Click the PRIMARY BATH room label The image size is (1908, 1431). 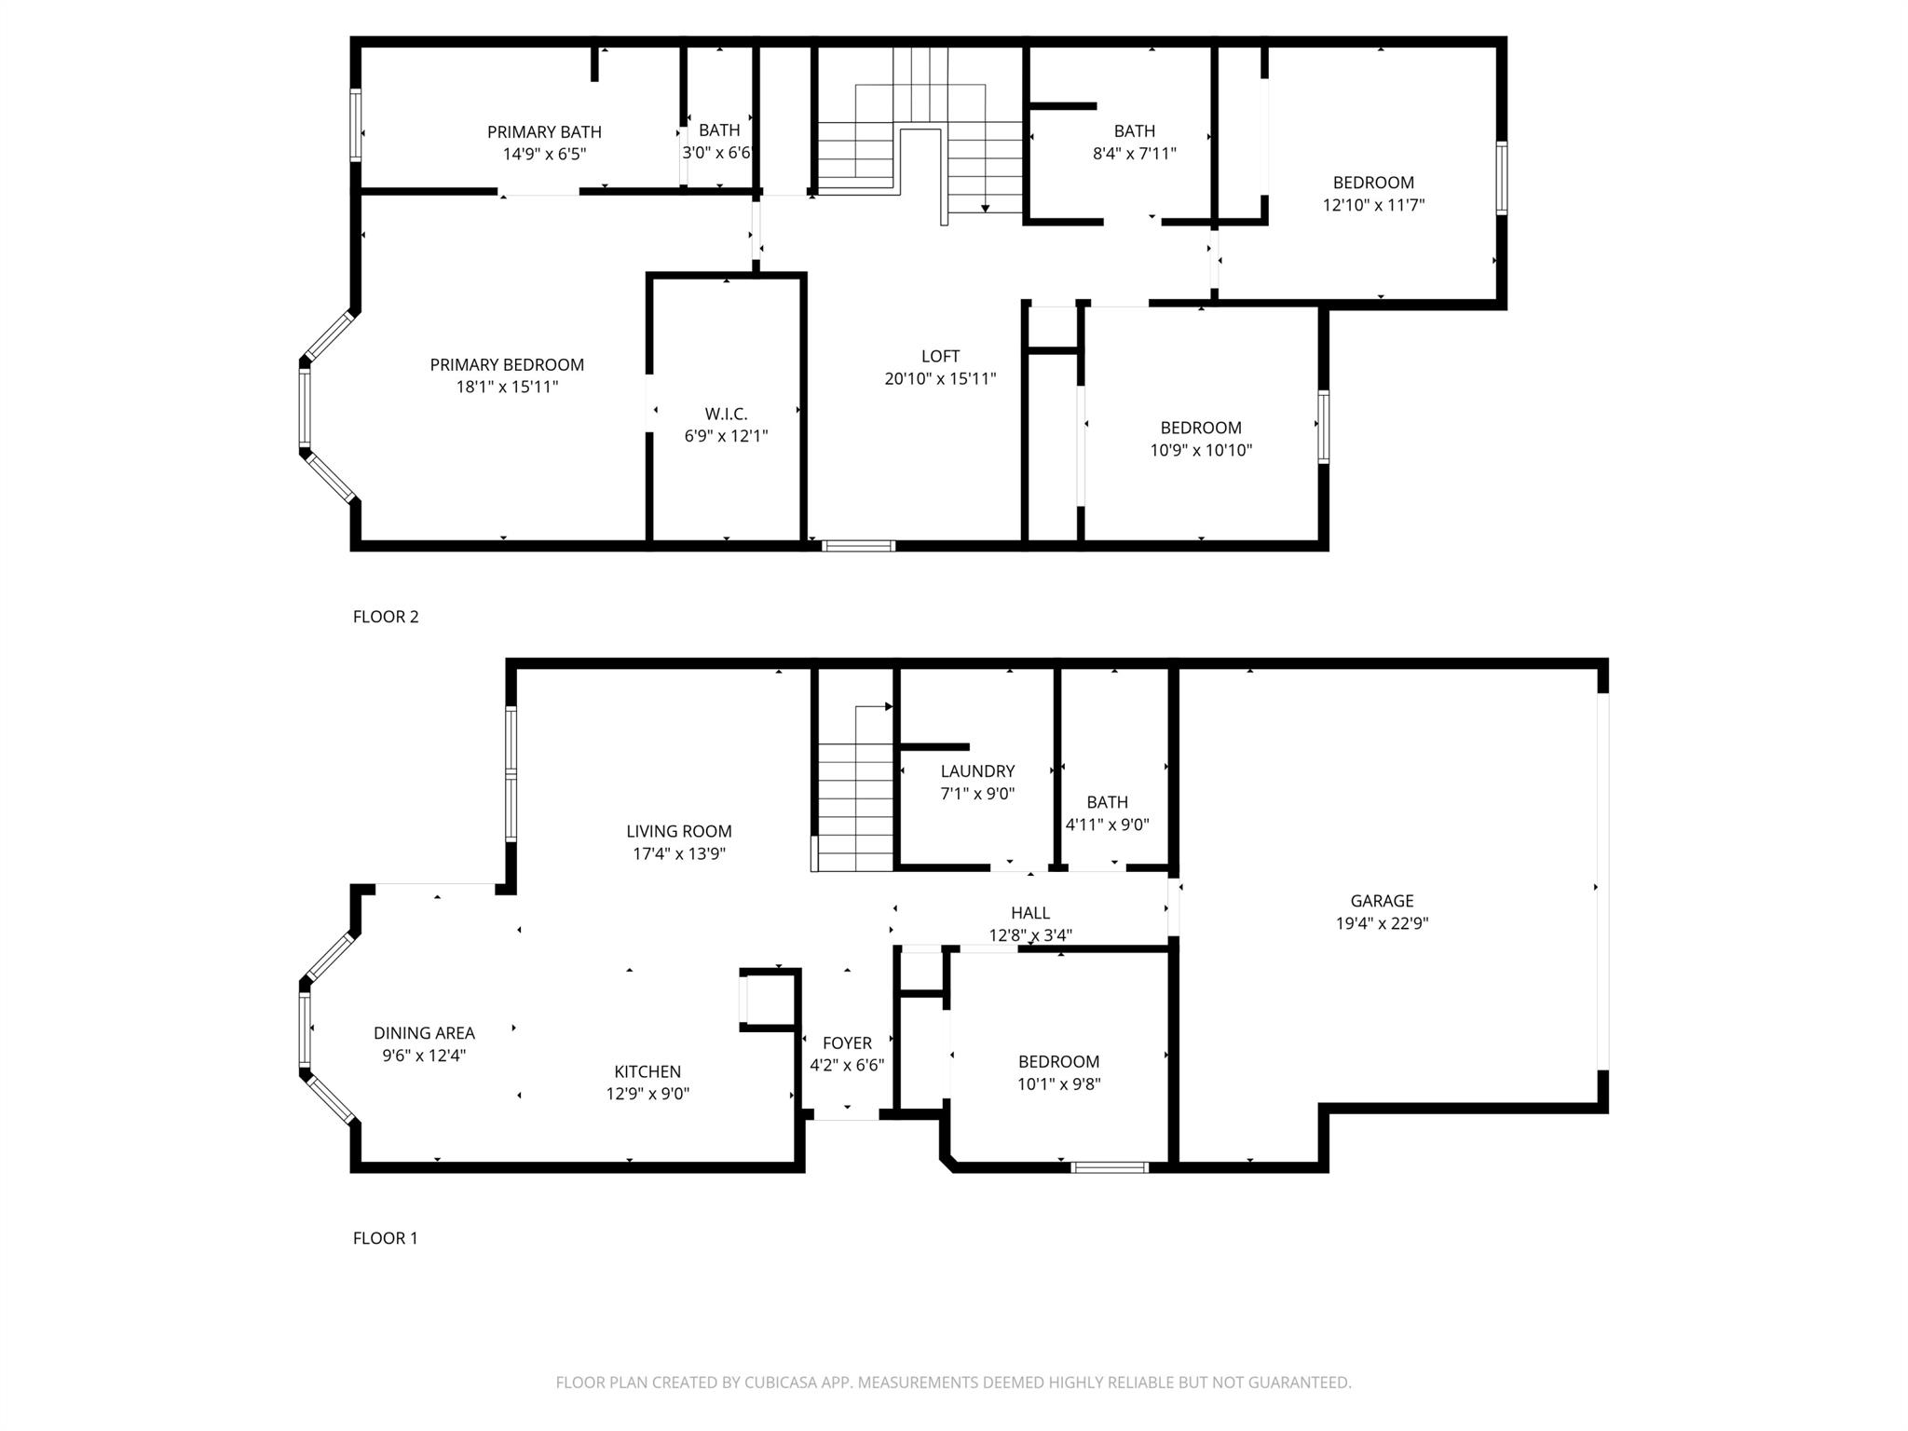(x=544, y=132)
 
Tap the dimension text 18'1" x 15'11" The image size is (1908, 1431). (x=507, y=387)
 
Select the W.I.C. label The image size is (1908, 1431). (x=726, y=414)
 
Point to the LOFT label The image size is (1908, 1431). (x=940, y=356)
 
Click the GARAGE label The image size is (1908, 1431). (x=1382, y=901)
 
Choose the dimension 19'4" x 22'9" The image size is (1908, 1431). (x=1382, y=923)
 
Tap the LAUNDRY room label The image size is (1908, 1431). (x=977, y=771)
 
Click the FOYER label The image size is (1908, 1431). (x=847, y=1043)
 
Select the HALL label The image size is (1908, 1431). (x=1030, y=913)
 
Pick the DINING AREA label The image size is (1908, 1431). (x=424, y=1033)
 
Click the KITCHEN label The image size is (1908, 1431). (x=647, y=1071)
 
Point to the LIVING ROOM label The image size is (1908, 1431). (x=679, y=831)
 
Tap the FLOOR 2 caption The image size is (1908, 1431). (x=386, y=617)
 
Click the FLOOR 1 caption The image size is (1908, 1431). (x=386, y=1238)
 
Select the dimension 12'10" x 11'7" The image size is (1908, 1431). (x=1373, y=205)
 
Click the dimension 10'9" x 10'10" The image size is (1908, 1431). (x=1201, y=450)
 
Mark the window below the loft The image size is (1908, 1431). (x=858, y=546)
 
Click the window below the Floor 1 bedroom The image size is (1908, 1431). (x=1110, y=1167)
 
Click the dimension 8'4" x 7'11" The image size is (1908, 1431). (x=1134, y=154)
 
